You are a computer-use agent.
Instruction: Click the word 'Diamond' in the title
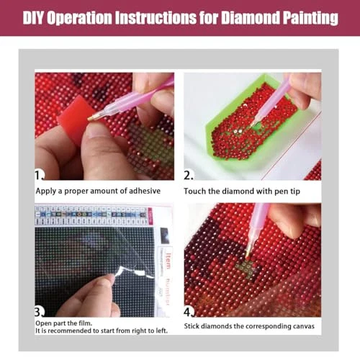[250, 17]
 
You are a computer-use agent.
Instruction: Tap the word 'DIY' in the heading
[33, 17]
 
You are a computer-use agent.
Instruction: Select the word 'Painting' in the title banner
[310, 18]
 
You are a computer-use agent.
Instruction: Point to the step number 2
[189, 176]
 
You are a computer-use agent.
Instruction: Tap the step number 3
[40, 312]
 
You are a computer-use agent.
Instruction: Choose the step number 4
[189, 312]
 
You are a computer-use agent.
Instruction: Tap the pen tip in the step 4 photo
[248, 253]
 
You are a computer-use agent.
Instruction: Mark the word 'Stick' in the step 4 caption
[192, 326]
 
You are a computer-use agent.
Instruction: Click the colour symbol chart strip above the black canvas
[91, 215]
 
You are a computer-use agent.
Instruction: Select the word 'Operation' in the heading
[79, 18]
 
